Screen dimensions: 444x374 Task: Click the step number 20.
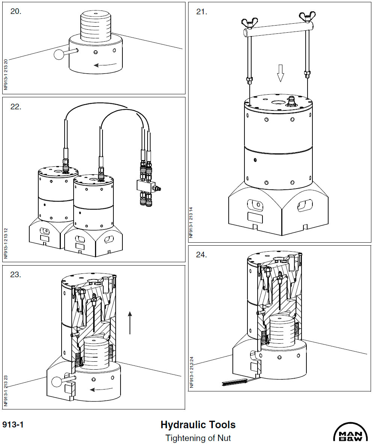(x=16, y=11)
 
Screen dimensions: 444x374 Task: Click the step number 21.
(x=202, y=12)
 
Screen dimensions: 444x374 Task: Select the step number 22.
(x=16, y=107)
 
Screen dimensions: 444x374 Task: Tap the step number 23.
(x=16, y=275)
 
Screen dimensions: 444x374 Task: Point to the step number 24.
(x=202, y=255)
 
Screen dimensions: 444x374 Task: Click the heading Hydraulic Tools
(x=198, y=425)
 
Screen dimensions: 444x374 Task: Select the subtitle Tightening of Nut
(x=198, y=438)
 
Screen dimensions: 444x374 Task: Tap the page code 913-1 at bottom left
(x=13, y=425)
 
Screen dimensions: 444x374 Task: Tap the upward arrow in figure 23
(x=130, y=322)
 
